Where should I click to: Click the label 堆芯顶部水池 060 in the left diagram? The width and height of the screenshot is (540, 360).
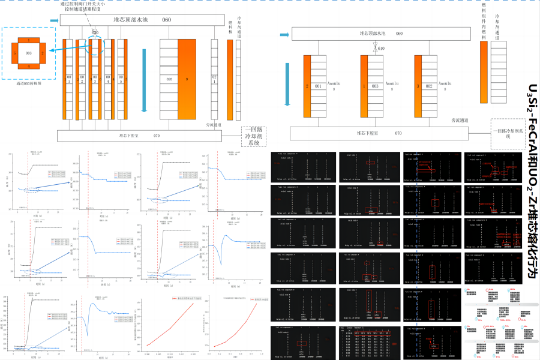pyautogui.click(x=142, y=20)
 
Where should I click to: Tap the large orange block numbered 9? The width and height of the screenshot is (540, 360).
pyautogui.click(x=187, y=79)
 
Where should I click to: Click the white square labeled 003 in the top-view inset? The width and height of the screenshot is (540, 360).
pyautogui.click(x=28, y=53)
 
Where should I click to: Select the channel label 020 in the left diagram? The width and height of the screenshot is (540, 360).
pyautogui.click(x=169, y=79)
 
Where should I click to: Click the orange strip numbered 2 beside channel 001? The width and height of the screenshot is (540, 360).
pyautogui.click(x=307, y=86)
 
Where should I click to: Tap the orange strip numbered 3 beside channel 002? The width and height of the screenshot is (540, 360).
pyautogui.click(x=418, y=86)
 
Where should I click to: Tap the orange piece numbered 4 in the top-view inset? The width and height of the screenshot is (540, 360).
pyautogui.click(x=28, y=66)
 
